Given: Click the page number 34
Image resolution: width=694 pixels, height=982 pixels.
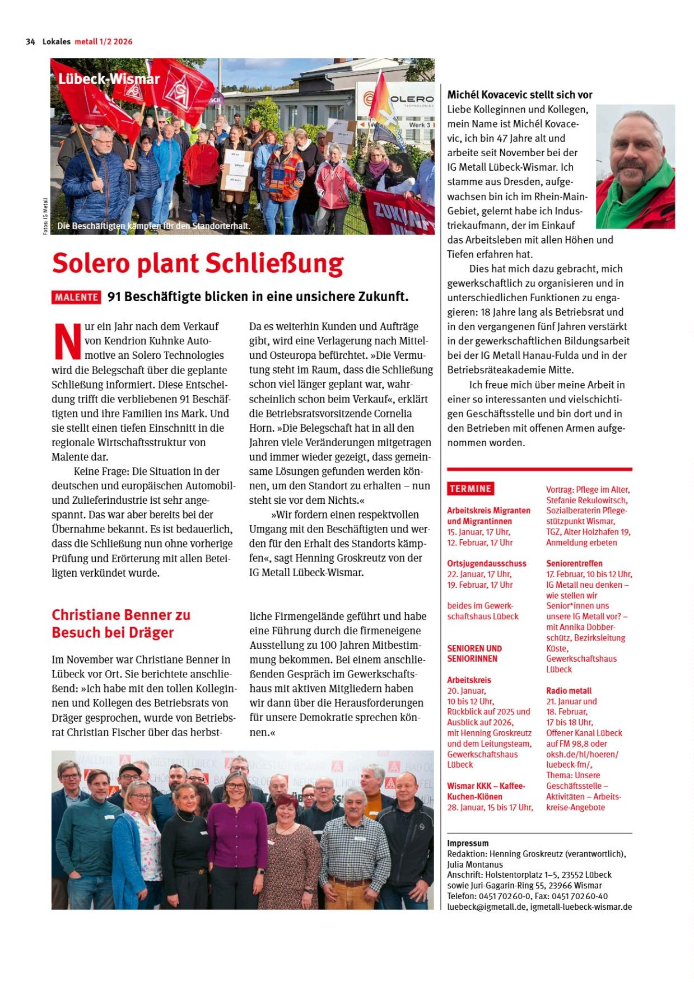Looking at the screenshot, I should click(x=30, y=41).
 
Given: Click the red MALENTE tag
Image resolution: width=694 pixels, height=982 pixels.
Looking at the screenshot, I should click(x=76, y=297).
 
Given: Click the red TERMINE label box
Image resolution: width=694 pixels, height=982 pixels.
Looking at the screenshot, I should click(x=471, y=489).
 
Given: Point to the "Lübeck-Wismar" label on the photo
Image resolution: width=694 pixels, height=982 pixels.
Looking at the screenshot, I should click(x=109, y=79).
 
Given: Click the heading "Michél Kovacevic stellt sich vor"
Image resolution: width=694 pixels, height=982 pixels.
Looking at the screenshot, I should click(x=519, y=95).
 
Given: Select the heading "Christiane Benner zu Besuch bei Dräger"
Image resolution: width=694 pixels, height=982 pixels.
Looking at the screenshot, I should click(x=121, y=624).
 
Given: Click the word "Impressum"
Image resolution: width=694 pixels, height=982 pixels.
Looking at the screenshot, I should click(x=468, y=843).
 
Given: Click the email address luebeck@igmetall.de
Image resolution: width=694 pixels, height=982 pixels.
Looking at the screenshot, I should click(x=487, y=906).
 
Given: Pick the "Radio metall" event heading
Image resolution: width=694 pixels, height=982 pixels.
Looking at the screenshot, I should click(x=569, y=691).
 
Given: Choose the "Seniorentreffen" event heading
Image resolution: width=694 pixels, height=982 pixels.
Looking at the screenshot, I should click(x=574, y=563).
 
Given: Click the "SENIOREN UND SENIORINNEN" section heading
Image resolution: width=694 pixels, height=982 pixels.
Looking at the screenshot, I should click(x=474, y=653).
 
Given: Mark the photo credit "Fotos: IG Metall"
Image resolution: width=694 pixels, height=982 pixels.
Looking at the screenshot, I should click(x=45, y=217).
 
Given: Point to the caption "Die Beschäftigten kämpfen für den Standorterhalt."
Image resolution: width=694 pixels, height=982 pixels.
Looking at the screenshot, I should click(x=153, y=227).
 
